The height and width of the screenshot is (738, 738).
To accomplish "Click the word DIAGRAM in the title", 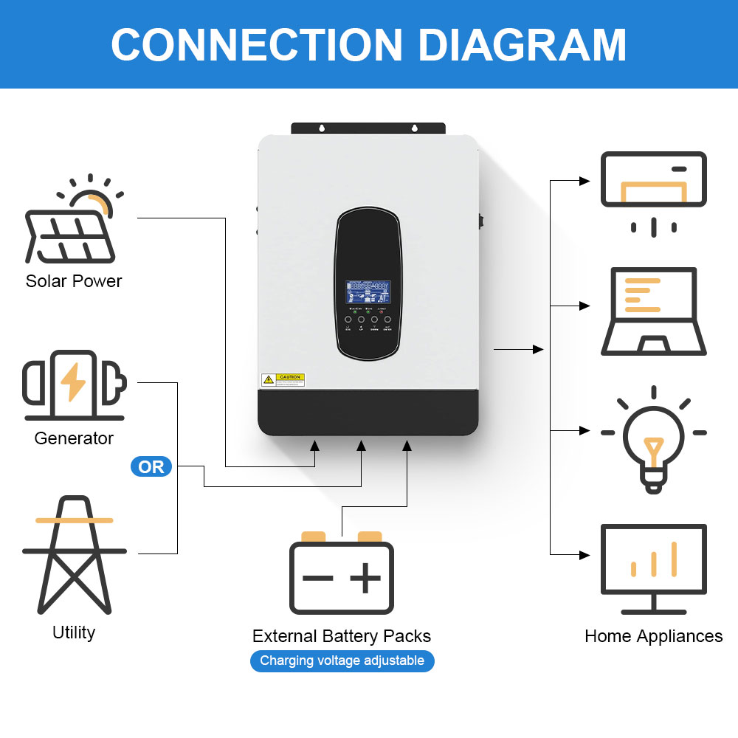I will click(523, 44).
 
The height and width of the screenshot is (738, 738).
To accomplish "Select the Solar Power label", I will click(74, 281).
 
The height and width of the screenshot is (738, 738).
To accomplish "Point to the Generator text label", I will click(74, 438).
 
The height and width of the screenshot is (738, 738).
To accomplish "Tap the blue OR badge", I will click(151, 467).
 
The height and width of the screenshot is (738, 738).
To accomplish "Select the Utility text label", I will click(74, 632).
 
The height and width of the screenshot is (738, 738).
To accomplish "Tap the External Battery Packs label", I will click(341, 636).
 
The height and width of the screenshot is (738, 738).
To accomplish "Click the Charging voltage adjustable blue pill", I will click(342, 661).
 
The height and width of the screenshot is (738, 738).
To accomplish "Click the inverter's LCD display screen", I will click(368, 292).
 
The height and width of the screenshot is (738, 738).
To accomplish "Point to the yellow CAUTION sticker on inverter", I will click(283, 380).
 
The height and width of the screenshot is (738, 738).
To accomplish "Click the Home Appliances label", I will click(653, 636).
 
